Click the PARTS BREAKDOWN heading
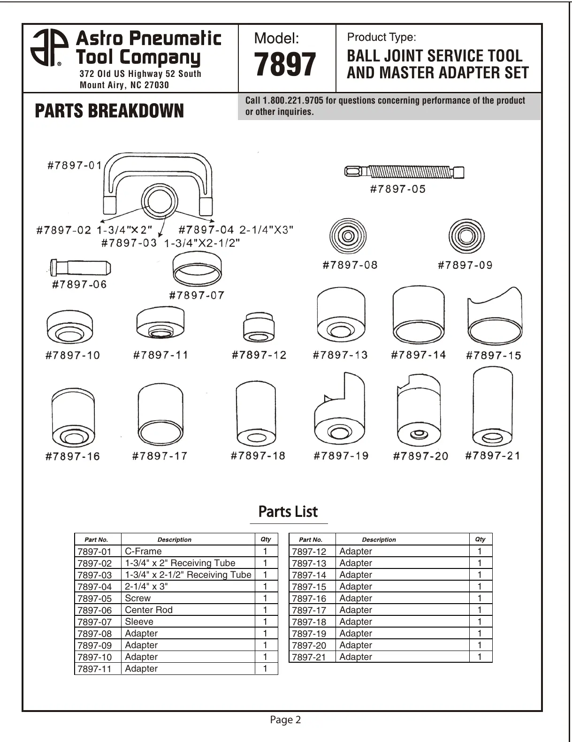pyautogui.click(x=109, y=111)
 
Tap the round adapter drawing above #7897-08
pyautogui.click(x=348, y=236)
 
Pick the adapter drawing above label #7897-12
pyautogui.click(x=259, y=327)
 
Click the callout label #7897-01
pyautogui.click(x=75, y=166)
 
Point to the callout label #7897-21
pyautogui.click(x=492, y=455)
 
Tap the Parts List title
pyautogui.click(x=288, y=512)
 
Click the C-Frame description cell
pyautogui.click(x=143, y=552)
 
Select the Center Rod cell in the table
pyautogui.click(x=149, y=610)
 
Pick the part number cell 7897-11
pyautogui.click(x=95, y=669)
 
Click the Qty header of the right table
pyautogui.click(x=480, y=539)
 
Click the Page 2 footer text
pyautogui.click(x=285, y=720)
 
